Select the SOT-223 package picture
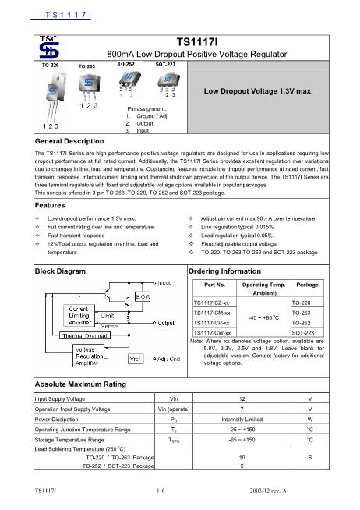tap(164, 81)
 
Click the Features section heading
tap(51, 204)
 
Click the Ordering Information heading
tap(225, 270)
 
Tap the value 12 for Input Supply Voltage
tap(242, 398)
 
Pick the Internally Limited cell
tap(242, 418)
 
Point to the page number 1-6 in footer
tap(161, 491)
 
